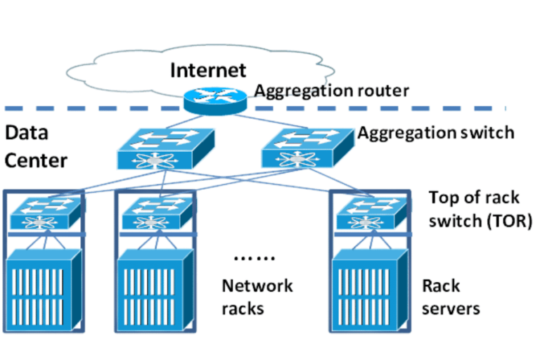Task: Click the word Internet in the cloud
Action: pyautogui.click(x=208, y=70)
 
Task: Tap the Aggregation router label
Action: pyautogui.click(x=330, y=91)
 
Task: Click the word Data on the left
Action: pyautogui.click(x=24, y=133)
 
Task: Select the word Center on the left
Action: pyautogui.click(x=35, y=160)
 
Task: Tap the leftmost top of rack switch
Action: pyautogui.click(x=44, y=214)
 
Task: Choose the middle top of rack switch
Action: pyautogui.click(x=153, y=214)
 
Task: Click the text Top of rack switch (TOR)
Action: pyautogui.click(x=480, y=209)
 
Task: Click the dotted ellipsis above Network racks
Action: pyautogui.click(x=254, y=258)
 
